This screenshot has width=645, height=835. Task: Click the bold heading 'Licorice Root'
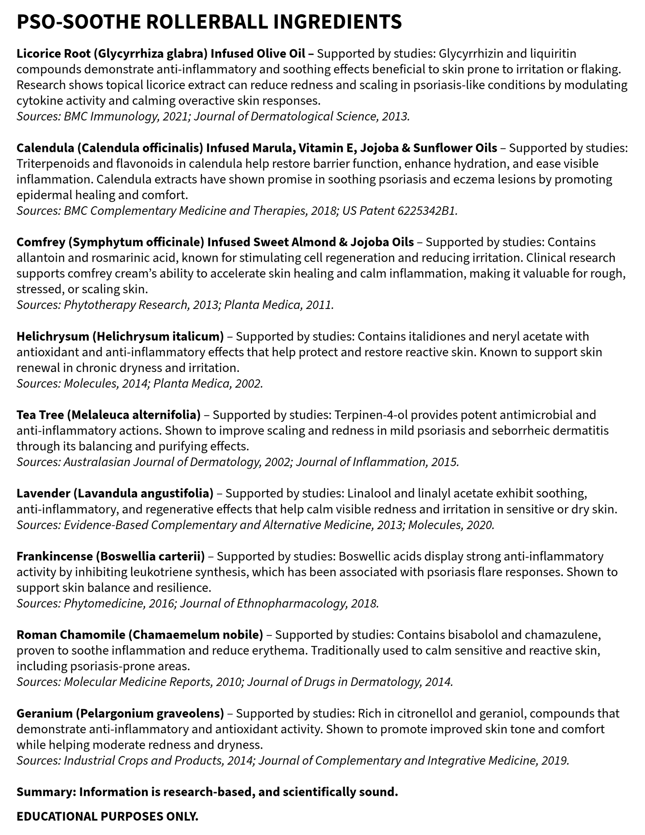point(54,54)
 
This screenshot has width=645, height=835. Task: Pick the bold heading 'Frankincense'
point(54,556)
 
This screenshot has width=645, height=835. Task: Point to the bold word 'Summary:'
point(46,792)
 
